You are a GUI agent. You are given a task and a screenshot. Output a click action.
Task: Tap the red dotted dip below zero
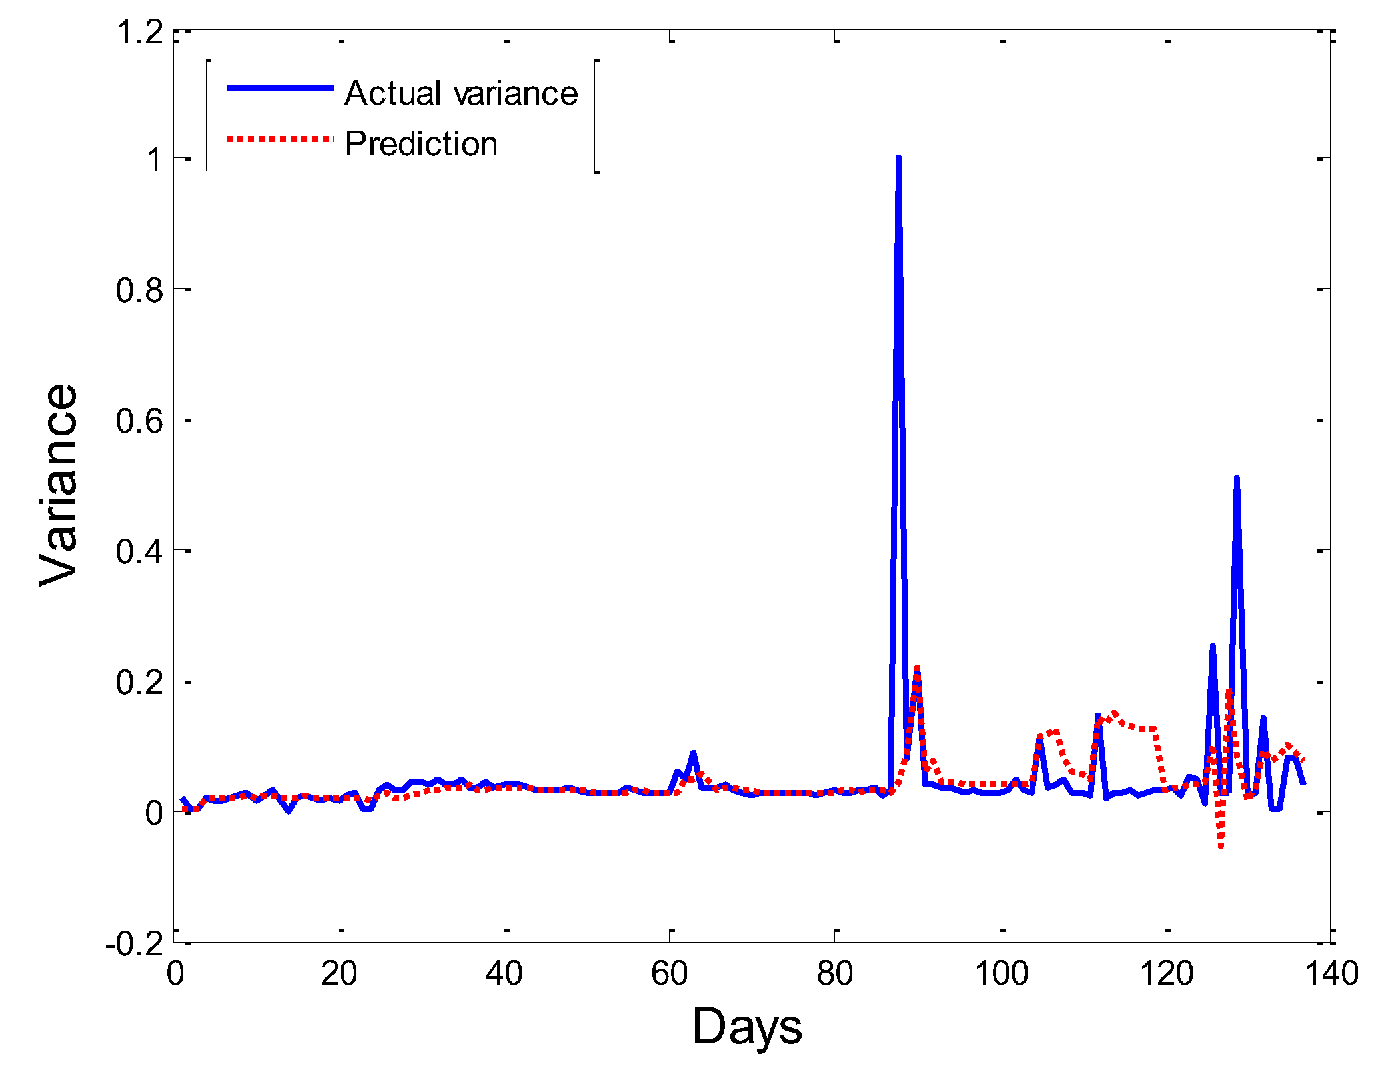(1221, 845)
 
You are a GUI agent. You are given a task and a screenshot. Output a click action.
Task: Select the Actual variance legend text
(461, 93)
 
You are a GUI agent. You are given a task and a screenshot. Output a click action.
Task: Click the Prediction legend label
(421, 143)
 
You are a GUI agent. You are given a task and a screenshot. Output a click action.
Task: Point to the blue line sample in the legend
(280, 88)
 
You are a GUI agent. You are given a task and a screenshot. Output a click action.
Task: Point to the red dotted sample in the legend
(280, 139)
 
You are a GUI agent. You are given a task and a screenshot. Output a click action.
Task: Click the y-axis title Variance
(59, 485)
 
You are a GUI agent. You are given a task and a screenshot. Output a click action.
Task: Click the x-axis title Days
(747, 1027)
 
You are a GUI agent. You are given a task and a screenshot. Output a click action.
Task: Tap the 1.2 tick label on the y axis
(140, 32)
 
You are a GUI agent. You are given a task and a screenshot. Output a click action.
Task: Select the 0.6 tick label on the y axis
(140, 421)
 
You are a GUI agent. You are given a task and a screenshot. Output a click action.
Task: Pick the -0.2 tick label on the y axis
(135, 943)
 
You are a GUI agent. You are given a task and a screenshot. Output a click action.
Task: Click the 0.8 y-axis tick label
(140, 290)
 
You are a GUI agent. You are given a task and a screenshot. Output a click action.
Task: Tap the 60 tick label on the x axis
(669, 974)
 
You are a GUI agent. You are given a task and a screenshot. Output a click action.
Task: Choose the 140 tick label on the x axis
(1331, 974)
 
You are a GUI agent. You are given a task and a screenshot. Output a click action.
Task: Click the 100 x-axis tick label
(1001, 974)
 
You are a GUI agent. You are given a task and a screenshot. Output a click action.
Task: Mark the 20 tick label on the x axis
(339, 974)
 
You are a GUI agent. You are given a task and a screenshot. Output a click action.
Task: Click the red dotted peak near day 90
(917, 669)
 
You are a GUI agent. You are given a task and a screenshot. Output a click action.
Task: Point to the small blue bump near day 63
(693, 753)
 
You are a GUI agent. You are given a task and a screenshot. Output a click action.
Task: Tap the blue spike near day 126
(1213, 647)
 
